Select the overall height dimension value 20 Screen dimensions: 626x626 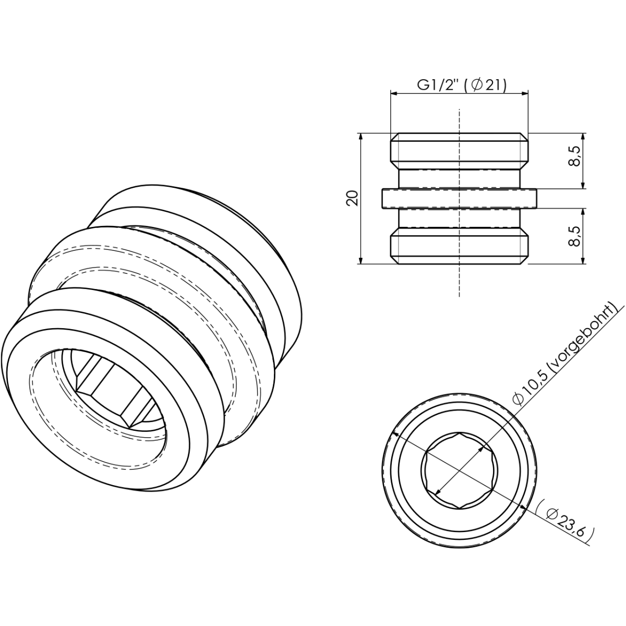tap(353, 198)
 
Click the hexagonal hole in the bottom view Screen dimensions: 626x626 tap(459, 470)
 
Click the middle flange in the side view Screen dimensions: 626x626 tap(459, 198)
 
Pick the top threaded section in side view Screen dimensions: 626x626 tap(459, 151)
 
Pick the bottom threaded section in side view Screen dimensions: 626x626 tap(459, 246)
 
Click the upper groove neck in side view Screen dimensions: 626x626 tap(459, 178)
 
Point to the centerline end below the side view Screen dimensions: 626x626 tap(459, 296)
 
